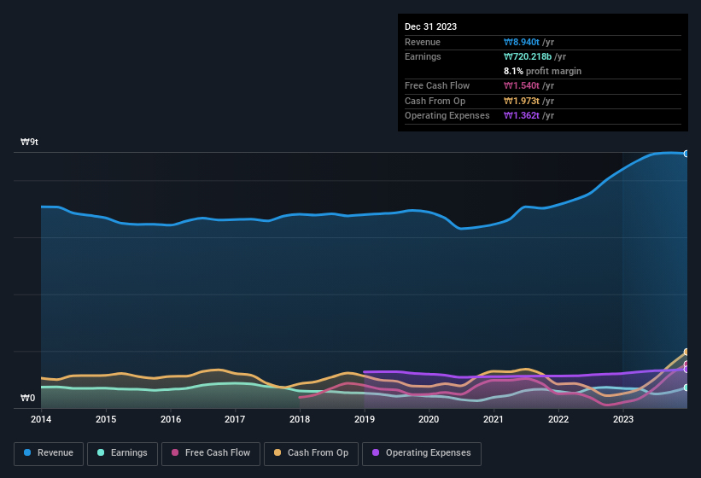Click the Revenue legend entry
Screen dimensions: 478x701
49,452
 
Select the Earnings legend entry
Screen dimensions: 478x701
122,452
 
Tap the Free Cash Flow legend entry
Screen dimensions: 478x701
211,452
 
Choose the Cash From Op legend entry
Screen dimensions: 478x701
311,452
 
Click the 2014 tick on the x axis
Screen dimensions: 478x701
41,419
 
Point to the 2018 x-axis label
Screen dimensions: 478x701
300,419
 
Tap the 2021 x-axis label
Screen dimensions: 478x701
494,419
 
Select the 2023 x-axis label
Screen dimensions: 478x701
623,419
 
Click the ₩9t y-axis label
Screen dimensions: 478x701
29,142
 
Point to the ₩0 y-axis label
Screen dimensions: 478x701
27,398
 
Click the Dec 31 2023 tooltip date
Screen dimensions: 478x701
430,26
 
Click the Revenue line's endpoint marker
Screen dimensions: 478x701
686,154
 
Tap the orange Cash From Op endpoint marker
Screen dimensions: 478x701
686,352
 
